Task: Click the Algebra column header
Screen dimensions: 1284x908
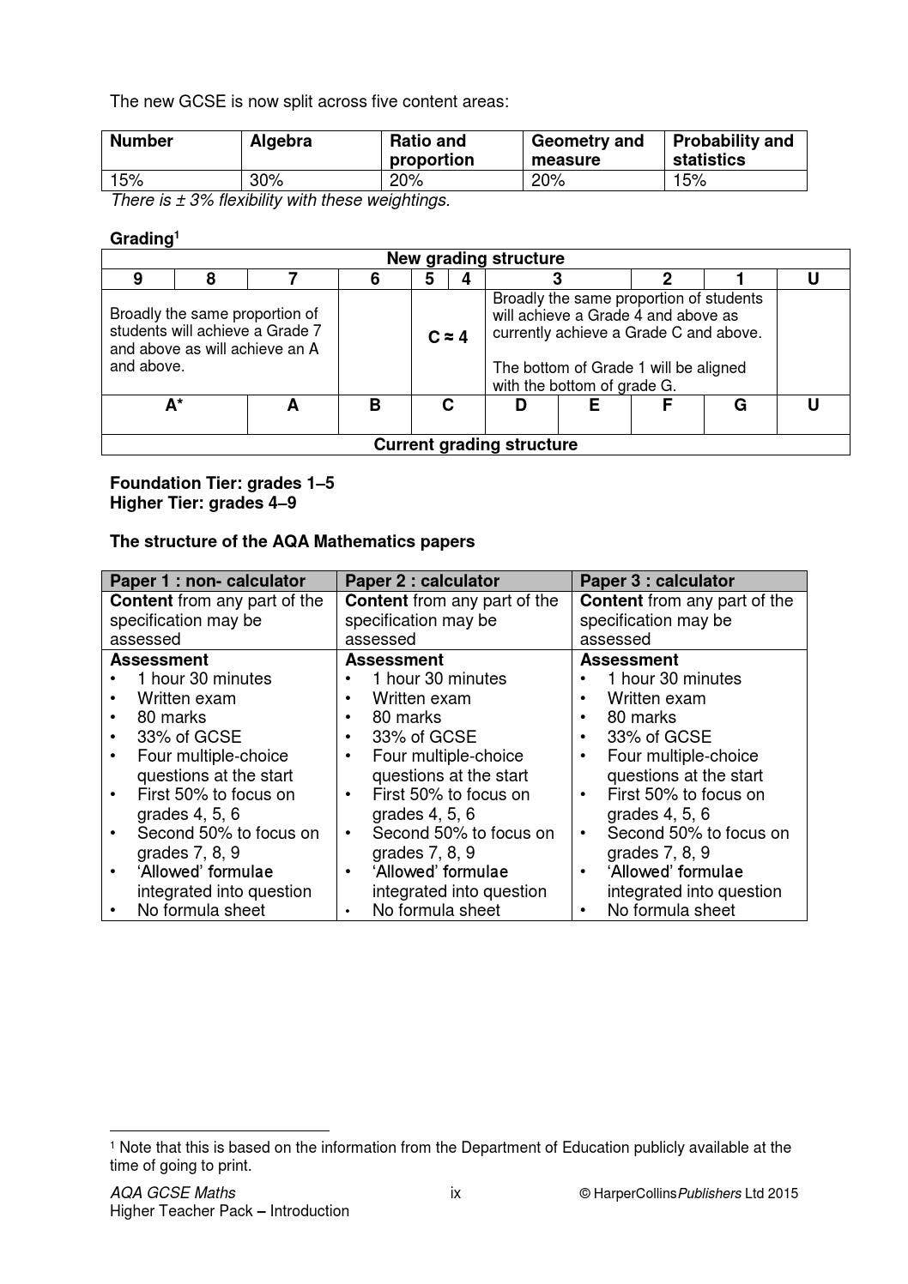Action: click(x=281, y=142)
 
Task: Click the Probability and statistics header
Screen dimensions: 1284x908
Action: click(x=733, y=150)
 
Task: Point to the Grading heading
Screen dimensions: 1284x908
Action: click(x=144, y=238)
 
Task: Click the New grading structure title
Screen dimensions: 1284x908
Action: click(x=475, y=259)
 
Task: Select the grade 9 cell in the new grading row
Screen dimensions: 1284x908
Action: click(x=138, y=279)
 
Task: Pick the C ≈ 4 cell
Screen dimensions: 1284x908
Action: click(x=448, y=337)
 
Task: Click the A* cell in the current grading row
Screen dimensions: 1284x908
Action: click(x=174, y=406)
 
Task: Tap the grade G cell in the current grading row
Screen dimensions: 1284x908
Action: click(x=740, y=406)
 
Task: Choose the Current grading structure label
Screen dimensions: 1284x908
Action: click(x=475, y=444)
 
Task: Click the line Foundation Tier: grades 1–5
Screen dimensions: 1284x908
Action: click(x=222, y=483)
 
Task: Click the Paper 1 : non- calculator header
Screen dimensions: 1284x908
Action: click(x=208, y=581)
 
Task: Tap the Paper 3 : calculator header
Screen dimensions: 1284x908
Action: click(x=657, y=581)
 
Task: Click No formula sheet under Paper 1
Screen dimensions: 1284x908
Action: click(x=201, y=910)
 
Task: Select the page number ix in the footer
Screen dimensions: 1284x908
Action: click(x=455, y=1192)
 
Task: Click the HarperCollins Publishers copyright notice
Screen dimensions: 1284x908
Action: click(x=688, y=1192)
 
